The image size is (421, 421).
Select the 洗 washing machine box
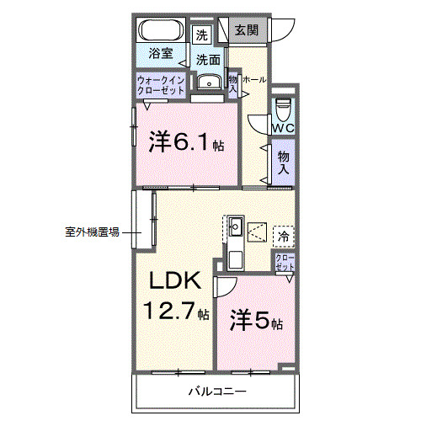201,35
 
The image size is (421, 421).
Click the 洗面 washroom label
209,60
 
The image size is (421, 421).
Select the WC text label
282,128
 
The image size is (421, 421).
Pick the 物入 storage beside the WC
283,163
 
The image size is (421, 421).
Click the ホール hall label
254,80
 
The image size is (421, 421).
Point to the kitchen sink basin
236,226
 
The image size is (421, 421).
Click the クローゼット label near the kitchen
285,262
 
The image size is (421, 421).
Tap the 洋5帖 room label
257,321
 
